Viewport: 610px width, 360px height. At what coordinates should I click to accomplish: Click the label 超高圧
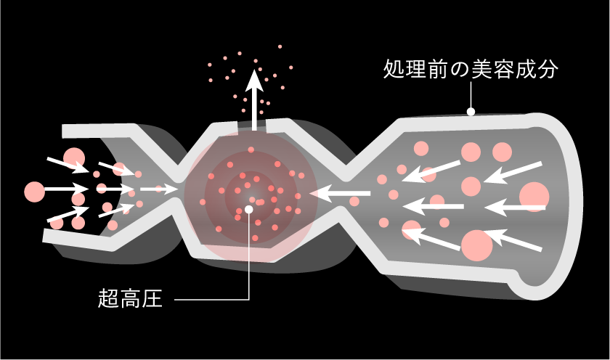tap(130, 298)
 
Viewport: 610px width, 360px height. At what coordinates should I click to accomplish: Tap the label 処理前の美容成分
tap(471, 69)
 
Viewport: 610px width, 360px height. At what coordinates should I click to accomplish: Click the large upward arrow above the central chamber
tap(254, 99)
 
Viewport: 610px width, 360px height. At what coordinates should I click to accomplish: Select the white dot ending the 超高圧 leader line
tap(249, 210)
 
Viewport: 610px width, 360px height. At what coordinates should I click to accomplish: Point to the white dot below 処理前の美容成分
tap(471, 112)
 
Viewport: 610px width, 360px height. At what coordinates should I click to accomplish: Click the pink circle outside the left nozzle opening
tap(35, 192)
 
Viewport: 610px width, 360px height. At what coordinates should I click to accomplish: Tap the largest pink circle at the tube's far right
tap(534, 197)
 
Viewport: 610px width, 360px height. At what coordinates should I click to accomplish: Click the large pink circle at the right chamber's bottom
tap(477, 245)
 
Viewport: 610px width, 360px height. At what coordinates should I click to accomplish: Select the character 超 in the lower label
tap(108, 298)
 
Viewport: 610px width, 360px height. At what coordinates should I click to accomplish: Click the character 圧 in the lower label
tap(152, 298)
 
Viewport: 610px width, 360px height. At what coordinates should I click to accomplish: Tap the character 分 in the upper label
tap(548, 69)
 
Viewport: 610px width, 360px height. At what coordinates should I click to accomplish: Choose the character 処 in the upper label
tap(394, 69)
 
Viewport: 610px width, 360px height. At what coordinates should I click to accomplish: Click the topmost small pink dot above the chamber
tap(280, 46)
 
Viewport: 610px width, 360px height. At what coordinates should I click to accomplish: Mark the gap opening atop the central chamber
tap(252, 125)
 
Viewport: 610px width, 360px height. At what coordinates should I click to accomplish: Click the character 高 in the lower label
tap(130, 298)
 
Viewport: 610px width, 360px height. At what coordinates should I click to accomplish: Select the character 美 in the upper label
tap(481, 69)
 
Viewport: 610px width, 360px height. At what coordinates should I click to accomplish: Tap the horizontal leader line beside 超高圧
tap(211, 299)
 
